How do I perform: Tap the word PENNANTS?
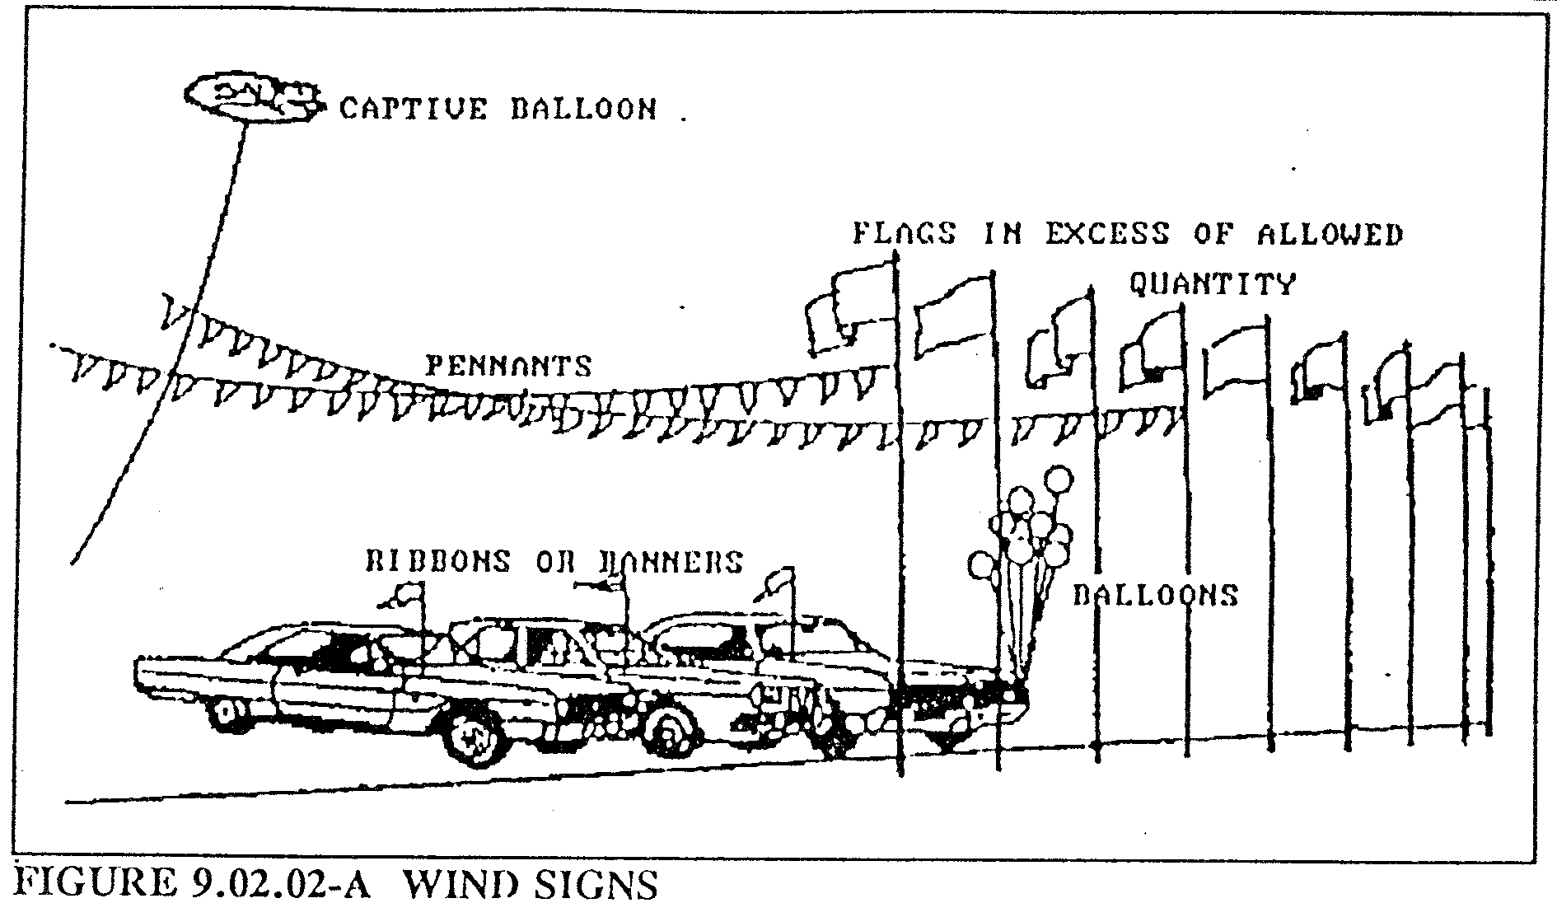pos(507,365)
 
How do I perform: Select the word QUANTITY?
pos(1211,284)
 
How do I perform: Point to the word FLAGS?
pos(904,234)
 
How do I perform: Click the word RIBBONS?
pos(437,562)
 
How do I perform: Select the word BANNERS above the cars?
pos(667,562)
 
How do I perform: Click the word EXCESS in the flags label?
pos(1108,234)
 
